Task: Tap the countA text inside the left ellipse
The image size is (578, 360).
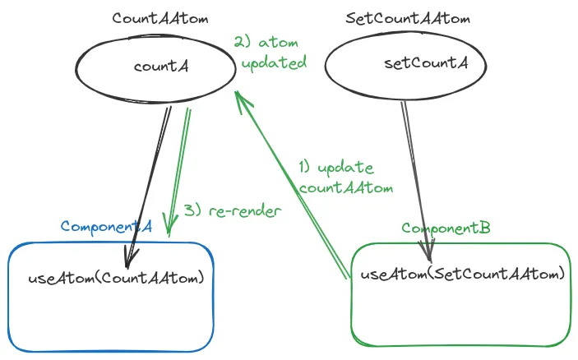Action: pyautogui.click(x=161, y=67)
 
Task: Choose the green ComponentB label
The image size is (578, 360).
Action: pyautogui.click(x=446, y=228)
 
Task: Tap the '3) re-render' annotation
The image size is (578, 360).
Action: pyautogui.click(x=232, y=210)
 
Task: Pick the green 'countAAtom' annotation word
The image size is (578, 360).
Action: pyautogui.click(x=345, y=187)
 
